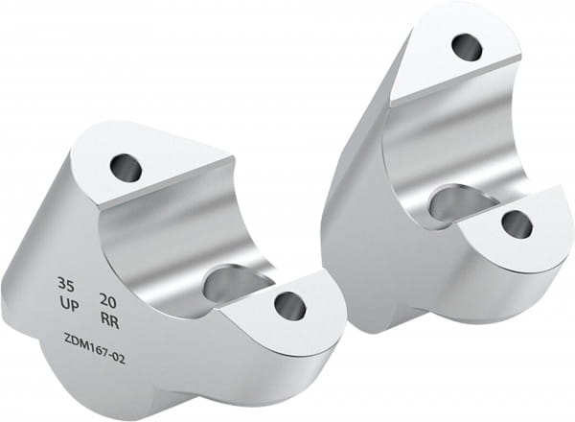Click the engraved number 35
pos(65,285)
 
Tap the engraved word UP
pos(69,304)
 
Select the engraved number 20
pos(107,301)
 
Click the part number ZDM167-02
pos(95,347)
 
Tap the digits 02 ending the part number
pos(119,359)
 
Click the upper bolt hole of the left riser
pos(126,167)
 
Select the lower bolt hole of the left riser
pos(290,306)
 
